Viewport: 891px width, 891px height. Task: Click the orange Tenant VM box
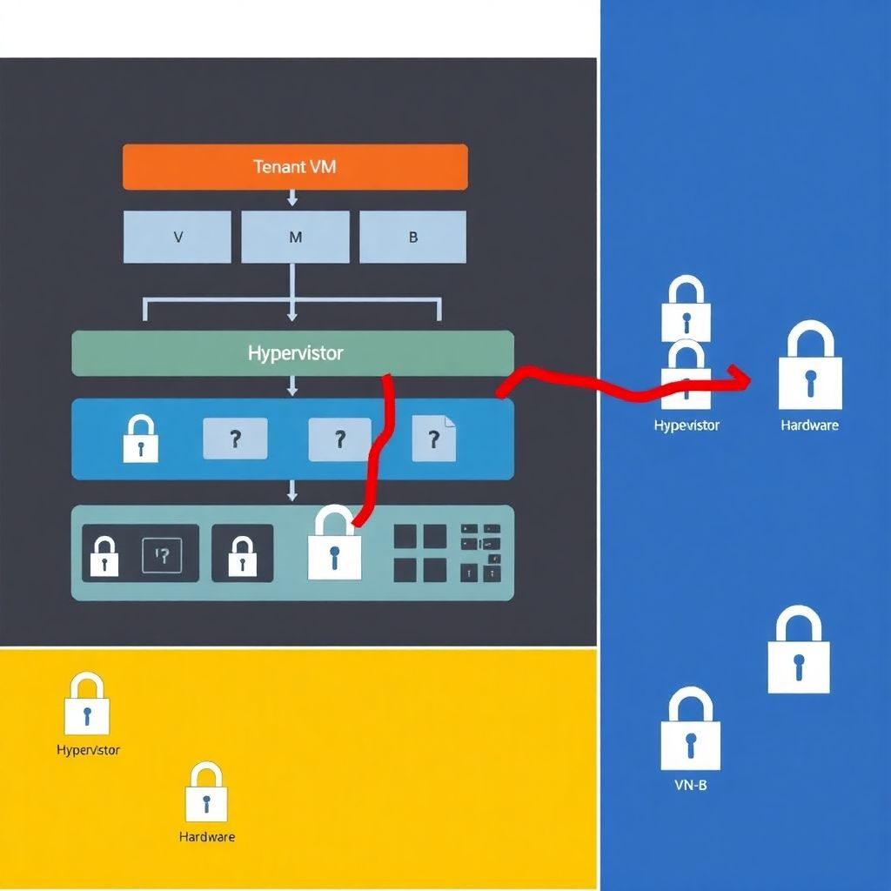(295, 166)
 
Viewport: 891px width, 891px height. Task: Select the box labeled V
(178, 237)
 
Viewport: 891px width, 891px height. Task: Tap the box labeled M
(295, 237)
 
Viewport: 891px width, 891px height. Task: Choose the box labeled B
(412, 237)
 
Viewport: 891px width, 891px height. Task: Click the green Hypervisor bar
(292, 353)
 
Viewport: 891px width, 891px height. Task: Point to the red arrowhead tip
(748, 379)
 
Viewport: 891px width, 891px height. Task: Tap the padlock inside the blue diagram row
(140, 439)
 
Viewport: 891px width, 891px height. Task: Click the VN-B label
(691, 785)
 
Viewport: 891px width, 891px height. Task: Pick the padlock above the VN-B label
(691, 730)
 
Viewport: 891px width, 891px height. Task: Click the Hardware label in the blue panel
(809, 425)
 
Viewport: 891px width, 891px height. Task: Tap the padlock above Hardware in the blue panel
(810, 366)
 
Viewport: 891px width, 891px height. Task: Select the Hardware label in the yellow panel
(207, 837)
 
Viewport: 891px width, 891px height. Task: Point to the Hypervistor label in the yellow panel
(88, 750)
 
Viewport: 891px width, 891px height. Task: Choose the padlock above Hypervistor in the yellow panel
(87, 704)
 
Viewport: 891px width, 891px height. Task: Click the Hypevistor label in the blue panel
(687, 425)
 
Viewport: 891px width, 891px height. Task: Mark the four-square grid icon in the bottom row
(420, 553)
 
